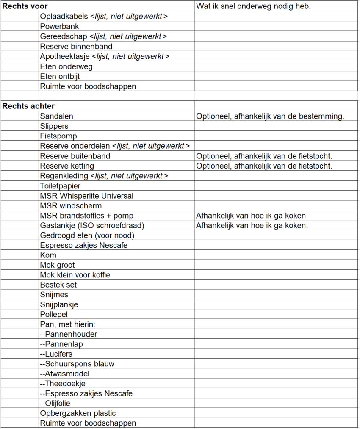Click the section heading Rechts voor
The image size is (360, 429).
[x=25, y=6]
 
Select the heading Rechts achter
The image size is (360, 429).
[x=28, y=106]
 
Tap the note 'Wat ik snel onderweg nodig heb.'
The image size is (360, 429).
[x=253, y=6]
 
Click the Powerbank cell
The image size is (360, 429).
[x=59, y=26]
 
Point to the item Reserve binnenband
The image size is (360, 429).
[x=76, y=46]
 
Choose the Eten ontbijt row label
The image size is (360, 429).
[x=60, y=76]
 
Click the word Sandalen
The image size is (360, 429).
[x=57, y=116]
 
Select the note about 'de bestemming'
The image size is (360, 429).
[x=270, y=116]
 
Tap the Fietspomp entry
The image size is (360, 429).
[x=58, y=136]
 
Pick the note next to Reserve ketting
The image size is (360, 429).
[x=264, y=166]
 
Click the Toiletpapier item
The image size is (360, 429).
[x=60, y=186]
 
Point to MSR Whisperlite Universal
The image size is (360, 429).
[x=86, y=196]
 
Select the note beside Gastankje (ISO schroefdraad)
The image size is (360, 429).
[x=252, y=225]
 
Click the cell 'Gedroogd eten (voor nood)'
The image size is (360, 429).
[x=87, y=235]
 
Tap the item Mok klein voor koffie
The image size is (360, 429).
[x=75, y=275]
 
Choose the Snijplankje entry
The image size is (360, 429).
[x=59, y=304]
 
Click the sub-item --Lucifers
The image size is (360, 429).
[x=56, y=354]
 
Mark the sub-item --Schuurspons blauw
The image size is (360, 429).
[x=77, y=364]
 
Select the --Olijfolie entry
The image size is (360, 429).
[x=55, y=404]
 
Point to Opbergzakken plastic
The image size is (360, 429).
[x=78, y=413]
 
